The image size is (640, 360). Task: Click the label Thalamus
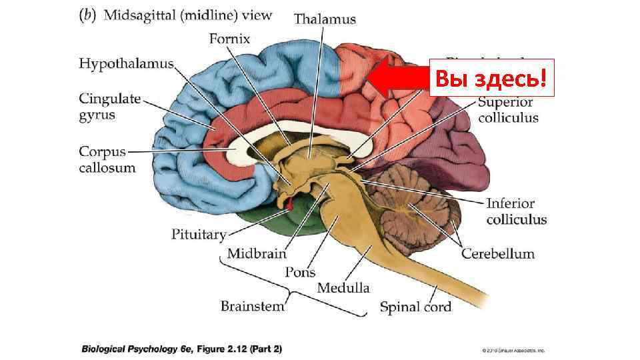click(325, 19)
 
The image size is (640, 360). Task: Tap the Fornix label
click(229, 39)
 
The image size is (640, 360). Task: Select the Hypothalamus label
click(126, 64)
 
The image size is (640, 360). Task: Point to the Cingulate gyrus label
click(110, 107)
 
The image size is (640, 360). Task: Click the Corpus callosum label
click(107, 159)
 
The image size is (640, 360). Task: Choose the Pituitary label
click(199, 235)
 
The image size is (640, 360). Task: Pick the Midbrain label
click(256, 253)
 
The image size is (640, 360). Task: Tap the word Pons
click(300, 272)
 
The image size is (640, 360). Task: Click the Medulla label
click(343, 288)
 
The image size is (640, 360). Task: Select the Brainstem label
click(252, 307)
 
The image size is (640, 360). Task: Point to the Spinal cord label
click(415, 307)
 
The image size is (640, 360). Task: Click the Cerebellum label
click(498, 253)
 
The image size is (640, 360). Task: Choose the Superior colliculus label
click(508, 110)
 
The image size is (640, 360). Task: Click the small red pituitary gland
click(290, 203)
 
